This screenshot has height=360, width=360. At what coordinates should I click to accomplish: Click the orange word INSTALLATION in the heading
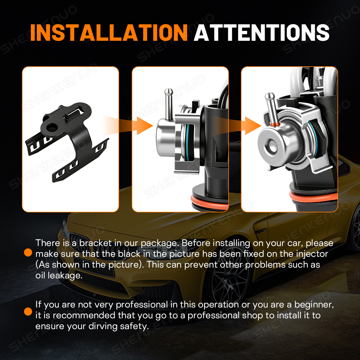tap(109, 32)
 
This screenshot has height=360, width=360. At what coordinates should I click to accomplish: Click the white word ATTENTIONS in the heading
tap(262, 32)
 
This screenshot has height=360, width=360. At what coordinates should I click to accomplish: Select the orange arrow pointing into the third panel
tap(237, 125)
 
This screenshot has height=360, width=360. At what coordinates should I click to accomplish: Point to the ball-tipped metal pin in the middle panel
tap(169, 104)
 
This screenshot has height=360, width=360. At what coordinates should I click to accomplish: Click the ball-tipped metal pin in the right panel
tap(271, 108)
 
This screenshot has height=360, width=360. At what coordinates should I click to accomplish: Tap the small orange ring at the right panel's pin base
tap(275, 124)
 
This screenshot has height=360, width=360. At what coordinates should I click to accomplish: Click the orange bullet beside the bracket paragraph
tap(28, 253)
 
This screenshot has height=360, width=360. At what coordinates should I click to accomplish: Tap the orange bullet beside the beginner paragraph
tap(28, 311)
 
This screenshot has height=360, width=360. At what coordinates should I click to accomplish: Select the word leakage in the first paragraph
tap(65, 276)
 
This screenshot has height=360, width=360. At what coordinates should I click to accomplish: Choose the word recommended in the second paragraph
tap(85, 315)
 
